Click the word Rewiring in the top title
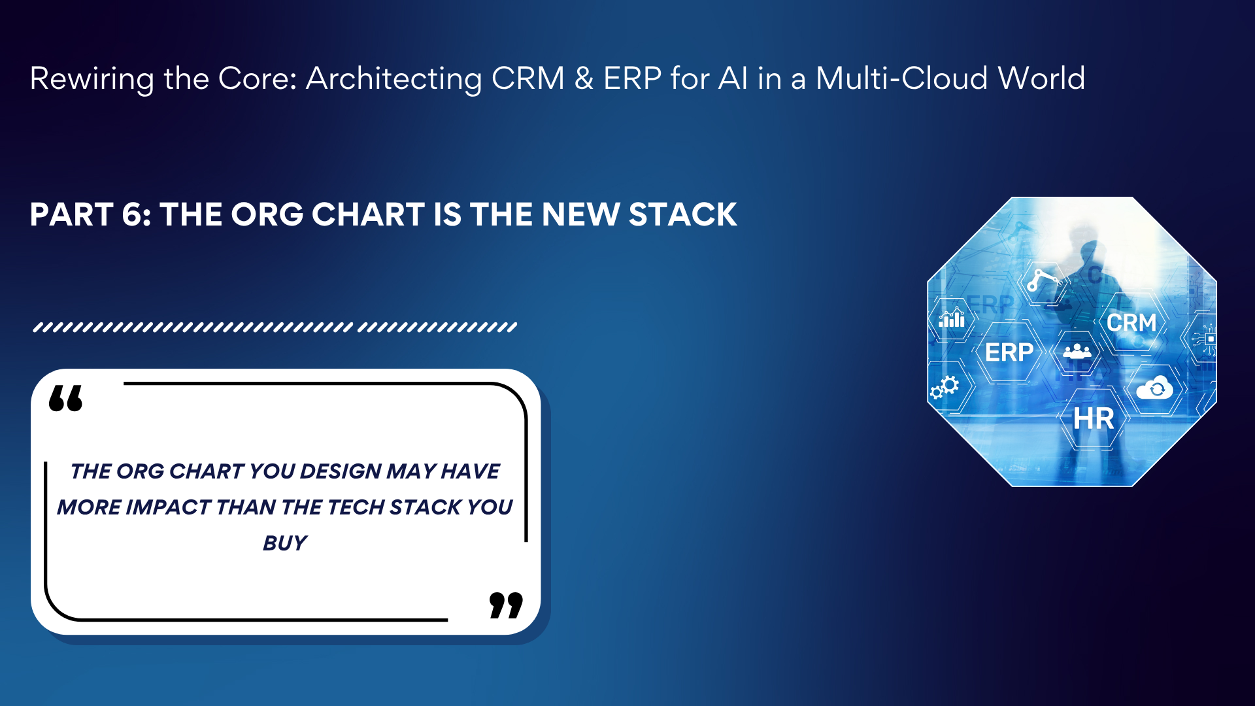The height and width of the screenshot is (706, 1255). (92, 79)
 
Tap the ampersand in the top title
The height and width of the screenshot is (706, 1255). (584, 78)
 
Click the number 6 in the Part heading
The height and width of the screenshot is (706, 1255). (135, 214)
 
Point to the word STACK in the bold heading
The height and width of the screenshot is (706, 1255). (683, 214)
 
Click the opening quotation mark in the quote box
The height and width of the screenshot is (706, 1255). (66, 398)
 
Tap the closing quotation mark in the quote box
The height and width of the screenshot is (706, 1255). (507, 605)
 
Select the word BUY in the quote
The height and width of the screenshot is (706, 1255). (285, 543)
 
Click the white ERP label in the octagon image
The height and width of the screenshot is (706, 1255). (1009, 352)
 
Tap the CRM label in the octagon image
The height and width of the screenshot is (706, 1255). (1131, 322)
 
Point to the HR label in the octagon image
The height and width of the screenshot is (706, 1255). (1094, 419)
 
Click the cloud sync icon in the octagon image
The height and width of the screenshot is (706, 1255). (1154, 388)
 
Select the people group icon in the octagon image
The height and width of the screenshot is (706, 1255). (1077, 352)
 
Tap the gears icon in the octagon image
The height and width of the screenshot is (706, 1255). (945, 387)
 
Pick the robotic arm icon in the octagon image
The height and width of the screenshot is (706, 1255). (1043, 279)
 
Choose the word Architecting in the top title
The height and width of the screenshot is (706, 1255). (394, 79)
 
